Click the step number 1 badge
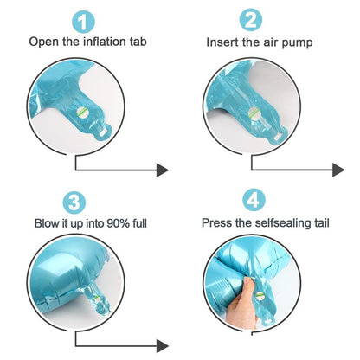(83, 22)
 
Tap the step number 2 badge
(251, 20)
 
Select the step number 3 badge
(74, 202)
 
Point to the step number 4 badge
(254, 200)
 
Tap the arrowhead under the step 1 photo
(163, 170)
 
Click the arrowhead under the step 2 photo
(338, 170)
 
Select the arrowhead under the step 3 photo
(163, 346)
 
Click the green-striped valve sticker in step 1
(82, 112)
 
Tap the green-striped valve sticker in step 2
(254, 113)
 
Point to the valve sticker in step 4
(260, 296)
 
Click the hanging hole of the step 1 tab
(104, 132)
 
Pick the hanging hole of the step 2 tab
(279, 136)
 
